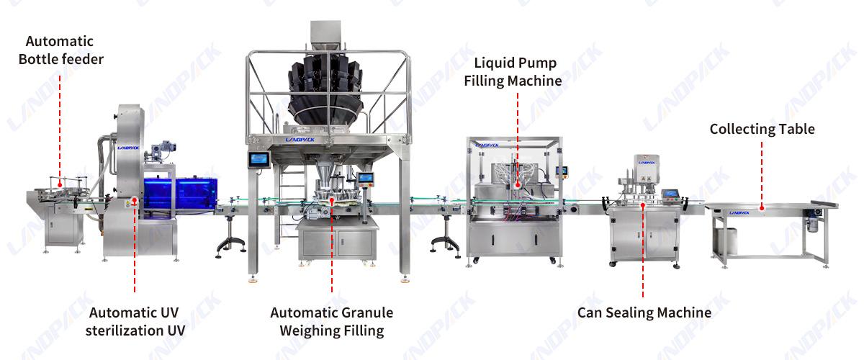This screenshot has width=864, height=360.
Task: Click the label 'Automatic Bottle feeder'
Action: pyautogui.click(x=61, y=50)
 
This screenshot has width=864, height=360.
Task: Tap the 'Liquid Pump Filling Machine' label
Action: pyautogui.click(x=513, y=72)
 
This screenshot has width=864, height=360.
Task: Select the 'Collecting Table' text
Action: pyautogui.click(x=762, y=129)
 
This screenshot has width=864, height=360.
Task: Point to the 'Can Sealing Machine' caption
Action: pyautogui.click(x=644, y=312)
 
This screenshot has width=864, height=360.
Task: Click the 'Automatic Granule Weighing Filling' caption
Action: pyautogui.click(x=332, y=321)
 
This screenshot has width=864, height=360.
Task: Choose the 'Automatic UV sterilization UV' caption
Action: pyautogui.click(x=135, y=321)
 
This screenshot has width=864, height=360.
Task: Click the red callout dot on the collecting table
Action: pyautogui.click(x=762, y=208)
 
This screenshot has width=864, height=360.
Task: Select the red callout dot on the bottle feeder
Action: pyautogui.click(x=60, y=185)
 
